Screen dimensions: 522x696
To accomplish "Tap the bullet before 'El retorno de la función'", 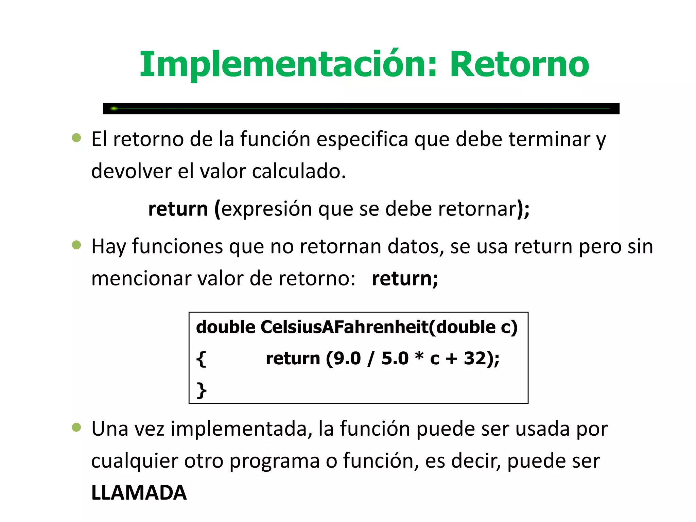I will point(76,138).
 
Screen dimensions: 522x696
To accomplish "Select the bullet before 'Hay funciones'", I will point(76,245).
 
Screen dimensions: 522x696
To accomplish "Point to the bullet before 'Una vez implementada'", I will point(76,427).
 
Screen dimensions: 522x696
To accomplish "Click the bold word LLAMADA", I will point(139,492).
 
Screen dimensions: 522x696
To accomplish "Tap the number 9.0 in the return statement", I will point(347,358).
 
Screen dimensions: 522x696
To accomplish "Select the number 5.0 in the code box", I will point(395,358).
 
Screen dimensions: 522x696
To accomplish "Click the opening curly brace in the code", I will point(201,359).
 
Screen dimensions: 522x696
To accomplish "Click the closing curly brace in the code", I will point(202,390).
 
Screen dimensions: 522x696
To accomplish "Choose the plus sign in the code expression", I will point(452,359).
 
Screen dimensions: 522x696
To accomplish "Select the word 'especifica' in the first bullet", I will point(362,139).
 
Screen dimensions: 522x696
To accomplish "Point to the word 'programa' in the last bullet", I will point(274,462).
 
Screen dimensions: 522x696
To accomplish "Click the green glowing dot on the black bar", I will point(114,108).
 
